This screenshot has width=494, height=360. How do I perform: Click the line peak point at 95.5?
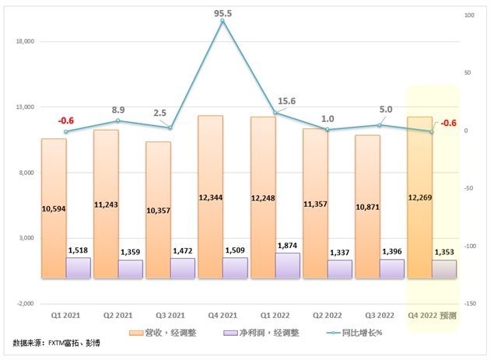[x=222, y=21]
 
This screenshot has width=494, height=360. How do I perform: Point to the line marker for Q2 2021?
[x=118, y=121]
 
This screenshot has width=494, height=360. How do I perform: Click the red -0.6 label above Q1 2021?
[x=65, y=121]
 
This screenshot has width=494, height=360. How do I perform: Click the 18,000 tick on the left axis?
[x=26, y=42]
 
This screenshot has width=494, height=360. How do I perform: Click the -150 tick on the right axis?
[x=471, y=303]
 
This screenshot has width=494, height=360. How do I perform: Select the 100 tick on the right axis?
[x=470, y=16]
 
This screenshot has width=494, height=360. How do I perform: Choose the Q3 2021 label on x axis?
[x=170, y=316]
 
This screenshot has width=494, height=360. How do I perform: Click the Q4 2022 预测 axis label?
[x=433, y=316]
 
